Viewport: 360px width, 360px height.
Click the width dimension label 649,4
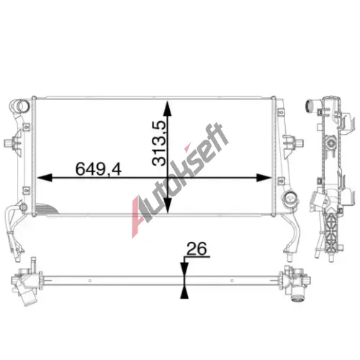click(x=99, y=168)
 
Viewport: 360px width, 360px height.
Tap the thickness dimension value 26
click(x=197, y=249)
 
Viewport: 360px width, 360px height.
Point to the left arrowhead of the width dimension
click(x=45, y=178)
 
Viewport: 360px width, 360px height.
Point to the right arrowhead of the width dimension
click(x=264, y=178)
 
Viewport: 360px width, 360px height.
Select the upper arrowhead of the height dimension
click(x=167, y=109)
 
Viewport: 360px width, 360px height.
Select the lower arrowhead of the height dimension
click(x=167, y=205)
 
